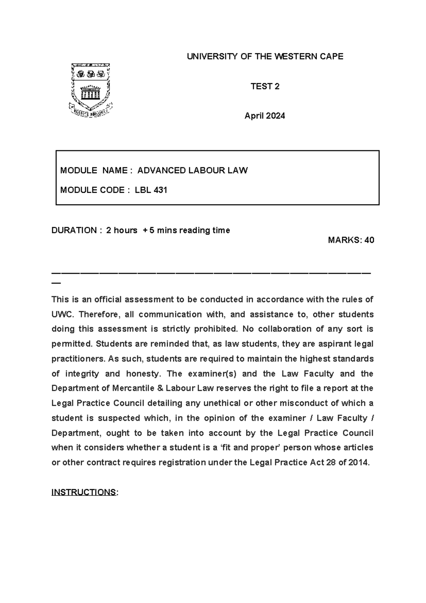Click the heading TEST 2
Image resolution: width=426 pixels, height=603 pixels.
coord(265,86)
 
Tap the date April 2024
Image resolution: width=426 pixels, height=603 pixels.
coord(265,116)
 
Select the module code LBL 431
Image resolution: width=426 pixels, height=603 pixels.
coord(151,190)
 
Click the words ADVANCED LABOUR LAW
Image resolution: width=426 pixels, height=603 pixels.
coord(192,171)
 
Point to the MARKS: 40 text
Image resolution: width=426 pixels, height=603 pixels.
coord(351,240)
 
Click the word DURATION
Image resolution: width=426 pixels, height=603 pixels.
coord(74,230)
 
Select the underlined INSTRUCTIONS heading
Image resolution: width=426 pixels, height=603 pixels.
coord(84,492)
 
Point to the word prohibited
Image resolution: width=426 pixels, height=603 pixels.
coord(216,329)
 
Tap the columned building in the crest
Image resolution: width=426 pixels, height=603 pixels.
coord(91,93)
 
